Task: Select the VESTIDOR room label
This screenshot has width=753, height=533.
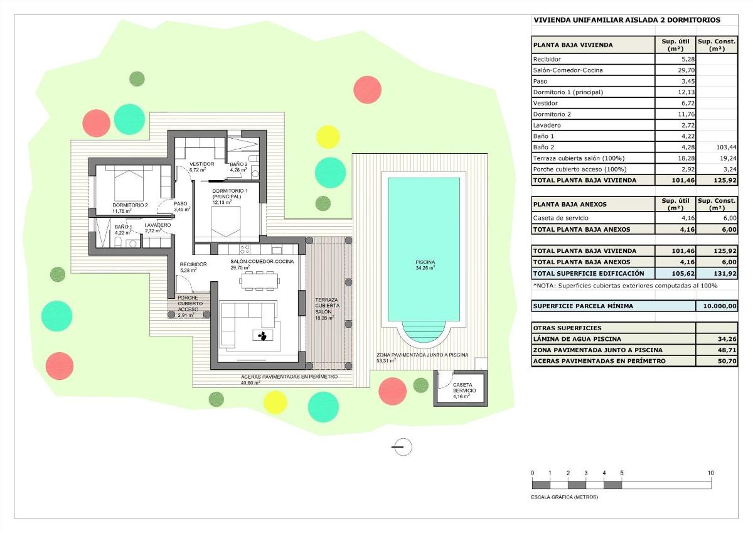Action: (202, 164)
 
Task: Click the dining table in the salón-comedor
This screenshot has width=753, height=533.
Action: (258, 280)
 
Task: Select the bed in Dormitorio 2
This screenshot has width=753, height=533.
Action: (132, 183)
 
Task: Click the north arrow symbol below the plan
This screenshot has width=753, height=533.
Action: (402, 446)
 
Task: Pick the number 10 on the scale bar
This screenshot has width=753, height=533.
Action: (710, 473)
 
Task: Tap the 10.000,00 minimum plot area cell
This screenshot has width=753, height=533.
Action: (717, 306)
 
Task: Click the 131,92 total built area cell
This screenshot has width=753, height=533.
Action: (717, 274)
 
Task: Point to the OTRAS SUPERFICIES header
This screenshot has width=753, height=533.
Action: (567, 328)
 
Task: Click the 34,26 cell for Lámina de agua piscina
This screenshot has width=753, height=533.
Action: (717, 339)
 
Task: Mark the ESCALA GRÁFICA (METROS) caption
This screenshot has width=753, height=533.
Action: (565, 497)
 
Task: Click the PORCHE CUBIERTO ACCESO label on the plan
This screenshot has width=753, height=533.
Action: (188, 304)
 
